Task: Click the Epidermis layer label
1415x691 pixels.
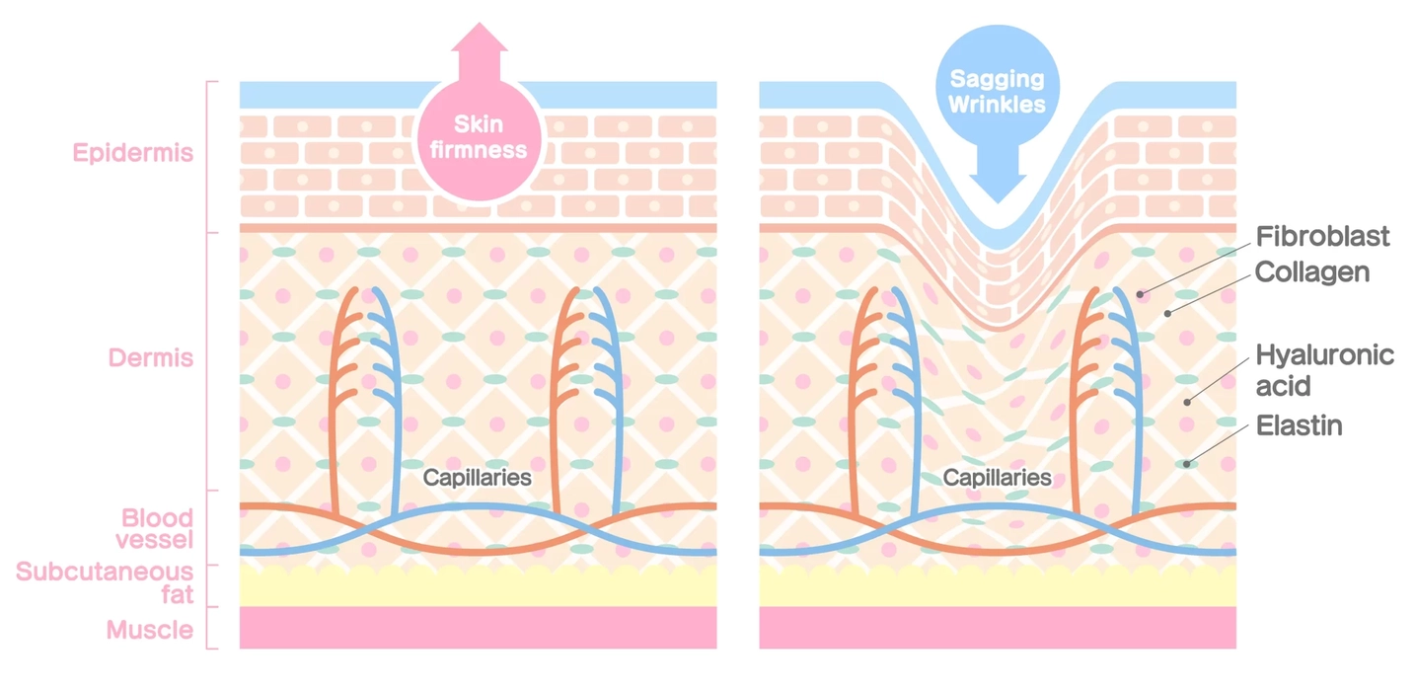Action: (132, 153)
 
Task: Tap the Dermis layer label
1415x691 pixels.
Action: (150, 357)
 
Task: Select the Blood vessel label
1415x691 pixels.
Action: (155, 528)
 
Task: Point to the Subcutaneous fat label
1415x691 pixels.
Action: (105, 582)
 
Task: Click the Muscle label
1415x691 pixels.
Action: (150, 630)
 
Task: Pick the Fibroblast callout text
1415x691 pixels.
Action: (1322, 237)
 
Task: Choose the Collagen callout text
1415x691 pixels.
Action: (1312, 272)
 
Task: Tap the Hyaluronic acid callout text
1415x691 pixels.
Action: (1324, 370)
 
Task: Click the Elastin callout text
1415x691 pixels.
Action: (1299, 426)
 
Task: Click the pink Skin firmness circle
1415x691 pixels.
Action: (479, 139)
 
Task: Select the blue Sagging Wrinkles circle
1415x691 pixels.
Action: (998, 87)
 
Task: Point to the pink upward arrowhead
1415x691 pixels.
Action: (479, 37)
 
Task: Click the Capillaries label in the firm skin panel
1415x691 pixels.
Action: (477, 478)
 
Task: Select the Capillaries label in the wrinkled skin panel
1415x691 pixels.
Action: (997, 478)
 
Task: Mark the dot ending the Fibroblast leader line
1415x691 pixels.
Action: (1140, 294)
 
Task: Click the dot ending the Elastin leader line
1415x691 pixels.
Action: (1186, 464)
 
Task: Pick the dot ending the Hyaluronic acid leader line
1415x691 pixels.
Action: (1187, 402)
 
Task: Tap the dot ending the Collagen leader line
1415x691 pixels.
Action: (1167, 314)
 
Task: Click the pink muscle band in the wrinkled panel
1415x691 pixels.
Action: (998, 628)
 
